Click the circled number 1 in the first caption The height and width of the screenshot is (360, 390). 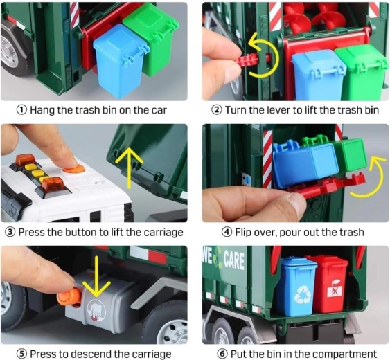[21, 110]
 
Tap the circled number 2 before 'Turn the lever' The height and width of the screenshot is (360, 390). [216, 110]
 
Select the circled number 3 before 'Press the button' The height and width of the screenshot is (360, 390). [10, 232]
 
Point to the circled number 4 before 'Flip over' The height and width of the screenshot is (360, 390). [227, 232]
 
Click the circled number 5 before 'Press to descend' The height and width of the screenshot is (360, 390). [21, 354]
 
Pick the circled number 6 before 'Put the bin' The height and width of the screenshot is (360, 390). [222, 354]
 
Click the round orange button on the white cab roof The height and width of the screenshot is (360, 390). [73, 168]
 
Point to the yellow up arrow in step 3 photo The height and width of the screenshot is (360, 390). [129, 167]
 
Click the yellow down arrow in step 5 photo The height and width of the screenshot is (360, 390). [96, 276]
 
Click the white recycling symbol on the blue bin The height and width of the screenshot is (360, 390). [303, 294]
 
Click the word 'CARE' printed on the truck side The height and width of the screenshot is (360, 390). [234, 260]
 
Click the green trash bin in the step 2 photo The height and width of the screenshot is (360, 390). [361, 73]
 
